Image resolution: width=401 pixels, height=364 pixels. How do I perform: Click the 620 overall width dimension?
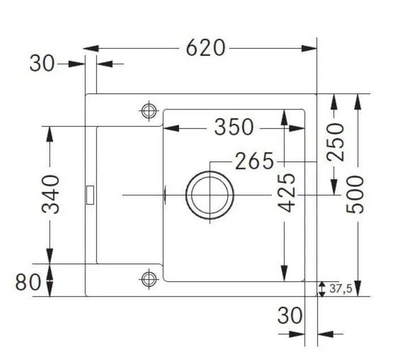tap(206, 48)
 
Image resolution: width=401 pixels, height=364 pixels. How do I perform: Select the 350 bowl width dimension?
tap(234, 127)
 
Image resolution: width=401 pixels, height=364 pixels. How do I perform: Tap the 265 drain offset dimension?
tap(254, 161)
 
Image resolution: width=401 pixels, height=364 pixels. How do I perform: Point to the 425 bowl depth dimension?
tap(287, 193)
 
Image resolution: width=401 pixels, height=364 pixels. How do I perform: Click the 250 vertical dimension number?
tap(336, 142)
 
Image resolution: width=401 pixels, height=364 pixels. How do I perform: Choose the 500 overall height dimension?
tap(355, 194)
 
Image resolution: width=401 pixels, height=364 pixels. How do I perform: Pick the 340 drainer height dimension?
tap(50, 194)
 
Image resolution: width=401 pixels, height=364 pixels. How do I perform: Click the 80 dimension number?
tap(28, 282)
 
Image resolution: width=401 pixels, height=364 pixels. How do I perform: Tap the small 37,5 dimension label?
tap(341, 289)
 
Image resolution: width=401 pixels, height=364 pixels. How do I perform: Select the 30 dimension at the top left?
tap(42, 64)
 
